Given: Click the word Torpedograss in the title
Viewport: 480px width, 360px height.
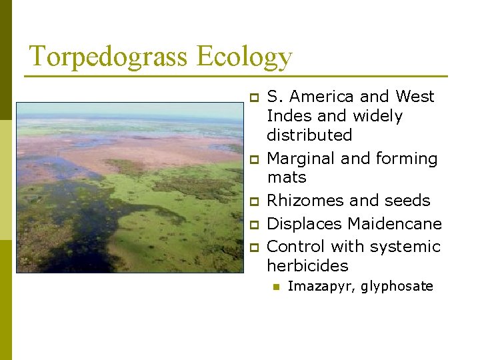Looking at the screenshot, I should [109, 57].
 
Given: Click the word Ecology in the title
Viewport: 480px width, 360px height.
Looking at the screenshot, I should [245, 57].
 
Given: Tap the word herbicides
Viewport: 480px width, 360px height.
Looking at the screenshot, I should [307, 265].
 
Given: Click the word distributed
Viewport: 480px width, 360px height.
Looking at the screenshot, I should [309, 135].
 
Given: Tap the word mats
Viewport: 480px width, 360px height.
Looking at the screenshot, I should [287, 178].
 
